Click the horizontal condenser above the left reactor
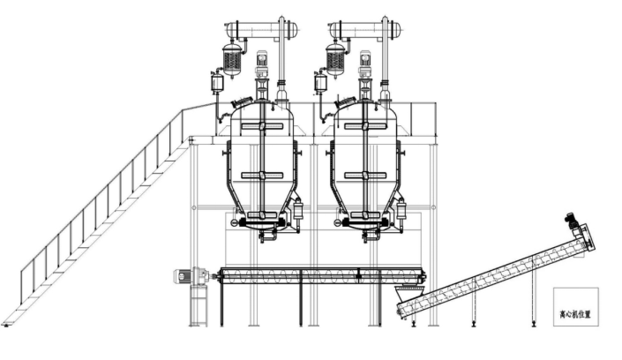(261, 29)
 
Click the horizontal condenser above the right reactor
(365, 29)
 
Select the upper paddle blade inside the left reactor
(262, 126)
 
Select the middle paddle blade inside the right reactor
(365, 175)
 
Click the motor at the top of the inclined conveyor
(571, 221)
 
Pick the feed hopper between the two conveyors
(409, 293)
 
